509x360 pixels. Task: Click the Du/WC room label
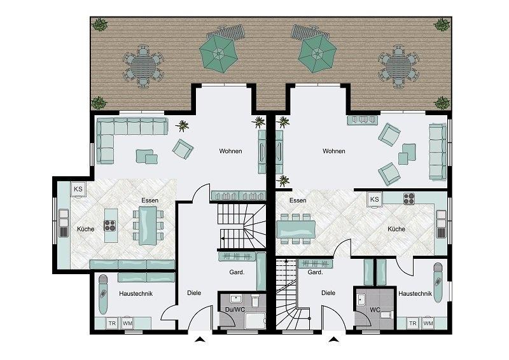click(x=235, y=309)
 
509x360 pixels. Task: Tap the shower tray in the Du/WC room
click(x=256, y=321)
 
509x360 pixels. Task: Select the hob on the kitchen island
click(x=109, y=226)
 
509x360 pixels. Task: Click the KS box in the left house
click(x=78, y=189)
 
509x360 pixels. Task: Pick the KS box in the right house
click(x=374, y=199)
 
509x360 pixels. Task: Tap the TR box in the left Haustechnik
click(x=112, y=323)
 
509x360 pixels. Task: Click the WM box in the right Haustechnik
click(x=428, y=323)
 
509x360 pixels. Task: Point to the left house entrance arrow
click(x=200, y=340)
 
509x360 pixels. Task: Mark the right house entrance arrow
click(x=333, y=340)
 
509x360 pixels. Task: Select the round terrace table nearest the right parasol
click(x=398, y=67)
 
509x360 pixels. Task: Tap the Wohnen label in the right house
click(x=333, y=151)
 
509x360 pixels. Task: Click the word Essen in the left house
click(x=150, y=200)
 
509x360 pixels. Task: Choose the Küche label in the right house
click(x=396, y=229)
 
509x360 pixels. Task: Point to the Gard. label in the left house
click(x=237, y=272)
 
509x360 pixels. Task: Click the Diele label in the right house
click(x=328, y=293)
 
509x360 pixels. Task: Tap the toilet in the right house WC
click(x=387, y=315)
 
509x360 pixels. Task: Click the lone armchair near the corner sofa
click(x=183, y=149)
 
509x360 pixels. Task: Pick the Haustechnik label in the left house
click(x=136, y=293)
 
